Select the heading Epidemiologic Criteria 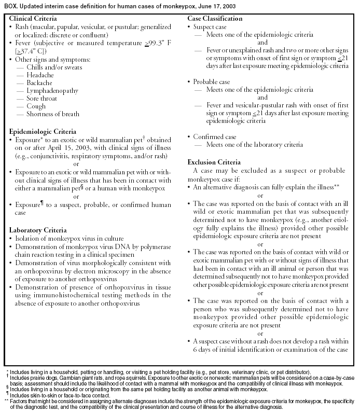(43, 132)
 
